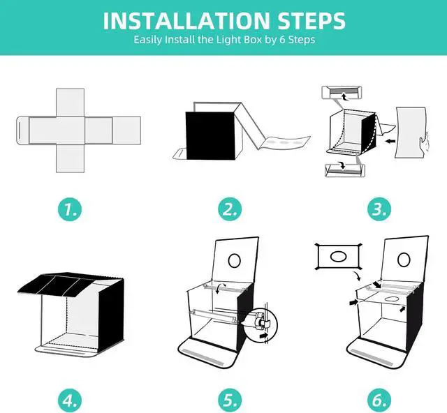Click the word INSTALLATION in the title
point(186,21)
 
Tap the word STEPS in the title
point(312,21)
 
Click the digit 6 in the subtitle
point(282,39)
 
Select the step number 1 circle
point(70,209)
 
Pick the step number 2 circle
point(230,209)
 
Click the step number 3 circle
point(379,209)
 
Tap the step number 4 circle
point(70,400)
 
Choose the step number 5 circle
point(230,400)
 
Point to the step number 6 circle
point(379,400)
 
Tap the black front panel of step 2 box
point(210,135)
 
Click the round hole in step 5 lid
point(235,260)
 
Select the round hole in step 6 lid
point(404,260)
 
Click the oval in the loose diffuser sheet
point(338,256)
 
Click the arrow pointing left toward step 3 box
point(390,141)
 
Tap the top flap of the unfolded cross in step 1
point(70,103)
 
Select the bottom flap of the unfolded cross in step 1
point(70,158)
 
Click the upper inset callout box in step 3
point(342,93)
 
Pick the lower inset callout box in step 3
point(345,170)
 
